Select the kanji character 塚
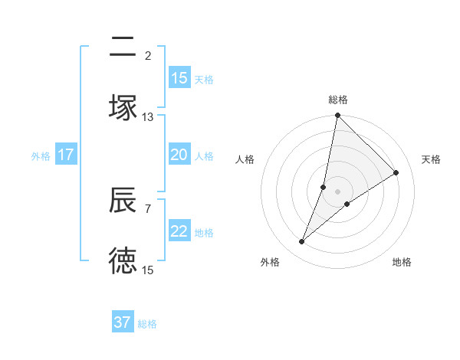tap(123, 107)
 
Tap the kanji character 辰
tap(123, 200)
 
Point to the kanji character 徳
tap(123, 260)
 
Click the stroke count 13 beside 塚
tap(148, 117)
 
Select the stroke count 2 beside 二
tap(148, 55)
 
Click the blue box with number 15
tap(179, 78)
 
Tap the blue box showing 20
tap(179, 155)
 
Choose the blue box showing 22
tap(179, 231)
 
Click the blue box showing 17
tap(66, 155)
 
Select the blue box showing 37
tap(123, 322)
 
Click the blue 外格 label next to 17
tap(41, 155)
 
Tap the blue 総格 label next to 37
tap(147, 324)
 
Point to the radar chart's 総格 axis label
tap(338, 100)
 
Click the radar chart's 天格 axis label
tap(432, 159)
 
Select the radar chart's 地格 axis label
tap(402, 262)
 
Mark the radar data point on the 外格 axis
tap(302, 242)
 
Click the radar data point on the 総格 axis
tap(337, 116)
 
